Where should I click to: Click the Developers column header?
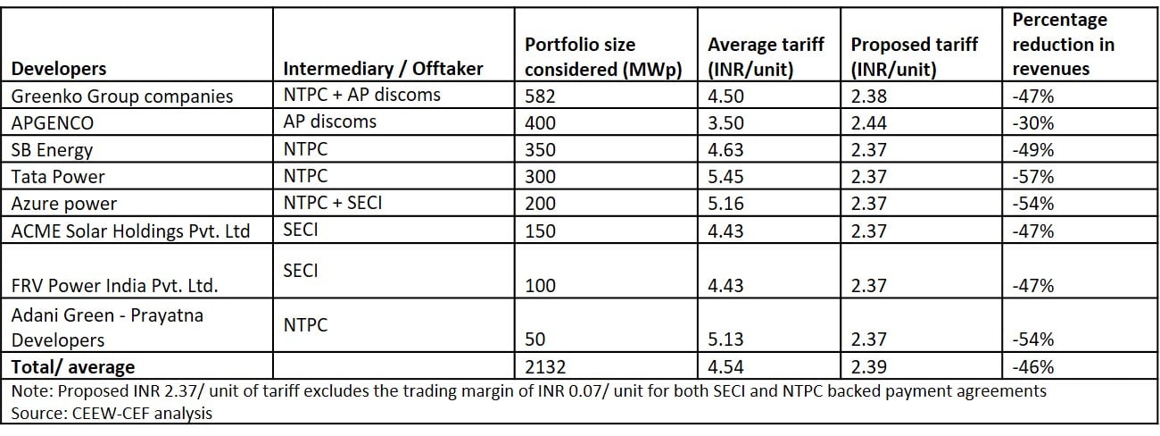point(59,69)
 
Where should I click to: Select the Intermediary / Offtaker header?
point(383,69)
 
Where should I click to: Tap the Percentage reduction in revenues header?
point(1063,44)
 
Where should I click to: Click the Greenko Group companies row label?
point(121,96)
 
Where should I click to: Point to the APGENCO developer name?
point(53,123)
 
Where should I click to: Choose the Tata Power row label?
point(57,177)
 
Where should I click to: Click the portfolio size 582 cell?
point(540,96)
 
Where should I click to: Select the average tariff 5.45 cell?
point(725,177)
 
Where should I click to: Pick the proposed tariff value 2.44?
point(868,123)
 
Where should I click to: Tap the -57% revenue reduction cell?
point(1033,177)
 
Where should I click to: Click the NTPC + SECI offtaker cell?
point(333,202)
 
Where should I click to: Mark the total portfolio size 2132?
point(545,366)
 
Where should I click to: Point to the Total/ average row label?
point(73,366)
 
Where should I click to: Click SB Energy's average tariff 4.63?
point(725,150)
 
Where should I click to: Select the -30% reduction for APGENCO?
point(1033,123)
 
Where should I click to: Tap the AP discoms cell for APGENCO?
point(330,122)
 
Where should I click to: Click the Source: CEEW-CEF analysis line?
point(112,413)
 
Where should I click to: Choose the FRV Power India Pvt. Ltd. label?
point(114,286)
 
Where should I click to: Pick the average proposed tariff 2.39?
point(868,366)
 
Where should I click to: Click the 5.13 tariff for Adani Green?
point(725,339)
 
